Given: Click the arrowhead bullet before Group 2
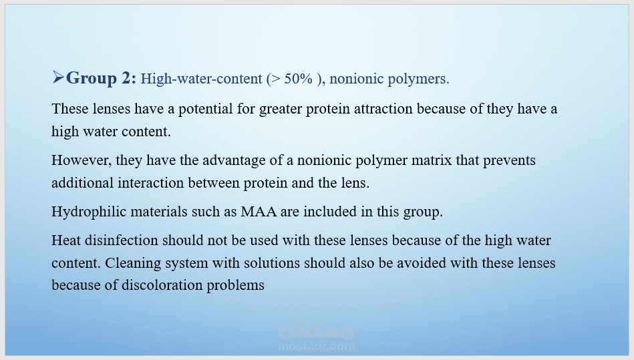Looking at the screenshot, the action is [58, 77].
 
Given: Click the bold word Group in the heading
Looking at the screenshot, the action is [92, 78].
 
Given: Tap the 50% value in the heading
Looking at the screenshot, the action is [298, 78].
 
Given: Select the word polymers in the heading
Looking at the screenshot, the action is [418, 79].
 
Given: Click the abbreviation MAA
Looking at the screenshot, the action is [259, 212].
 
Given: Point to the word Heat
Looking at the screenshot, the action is [66, 240].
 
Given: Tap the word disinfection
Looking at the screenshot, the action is [122, 240].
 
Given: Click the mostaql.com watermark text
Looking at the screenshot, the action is [317, 346].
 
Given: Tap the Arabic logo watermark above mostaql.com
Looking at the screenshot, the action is [317, 329].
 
